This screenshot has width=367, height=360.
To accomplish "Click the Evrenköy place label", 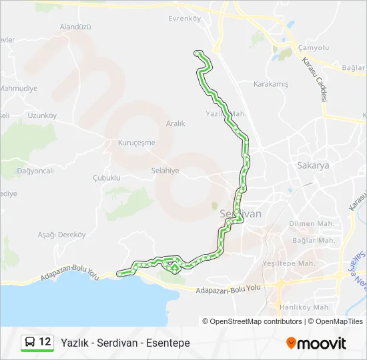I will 184,19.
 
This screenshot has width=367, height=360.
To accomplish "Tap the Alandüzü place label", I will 75,27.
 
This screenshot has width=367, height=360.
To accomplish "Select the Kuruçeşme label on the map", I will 136,143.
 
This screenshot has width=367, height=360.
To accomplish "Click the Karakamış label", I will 271,84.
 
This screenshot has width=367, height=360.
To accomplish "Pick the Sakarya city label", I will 313,166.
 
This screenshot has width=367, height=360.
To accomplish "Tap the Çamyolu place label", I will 314,48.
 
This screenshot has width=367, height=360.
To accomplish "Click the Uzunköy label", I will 42,115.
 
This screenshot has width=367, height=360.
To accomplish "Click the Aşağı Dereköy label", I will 62,235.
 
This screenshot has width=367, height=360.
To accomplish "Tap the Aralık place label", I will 175,123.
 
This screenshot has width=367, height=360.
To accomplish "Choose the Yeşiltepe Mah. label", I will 289,263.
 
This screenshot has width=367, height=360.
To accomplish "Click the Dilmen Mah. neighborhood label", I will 312,224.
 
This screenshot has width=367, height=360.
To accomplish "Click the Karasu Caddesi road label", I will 316,78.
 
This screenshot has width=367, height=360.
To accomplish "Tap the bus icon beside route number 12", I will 31,343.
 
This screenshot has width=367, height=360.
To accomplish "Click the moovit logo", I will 316,343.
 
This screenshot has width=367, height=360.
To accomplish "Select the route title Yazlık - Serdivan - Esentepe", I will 125,343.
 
